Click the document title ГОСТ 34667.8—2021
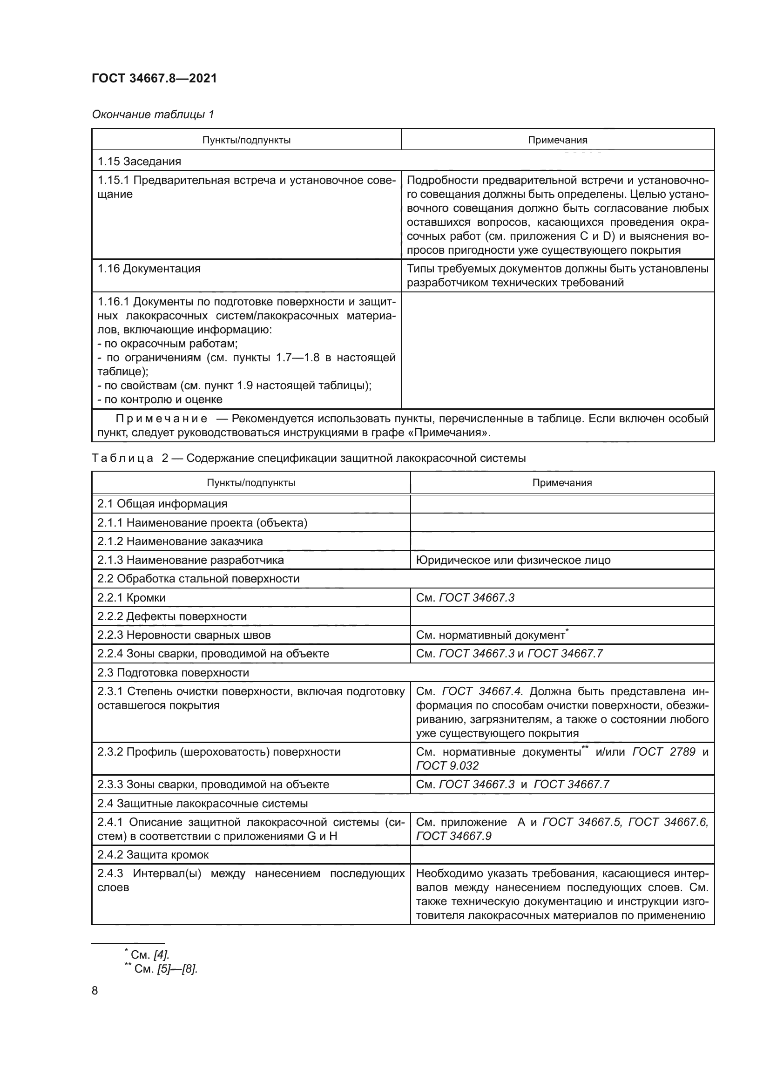coord(154,78)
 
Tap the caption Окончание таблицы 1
coord(153,115)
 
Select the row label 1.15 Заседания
coord(139,161)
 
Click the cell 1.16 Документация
coord(149,269)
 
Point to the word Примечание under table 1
coord(161,419)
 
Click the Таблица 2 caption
coord(308,458)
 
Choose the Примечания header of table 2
coord(562,483)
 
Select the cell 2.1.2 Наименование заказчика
coord(180,541)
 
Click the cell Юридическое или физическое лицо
coord(513,560)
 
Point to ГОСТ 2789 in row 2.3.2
coord(664,752)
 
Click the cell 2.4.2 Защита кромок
coord(153,855)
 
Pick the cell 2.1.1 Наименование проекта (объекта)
coord(202,523)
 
